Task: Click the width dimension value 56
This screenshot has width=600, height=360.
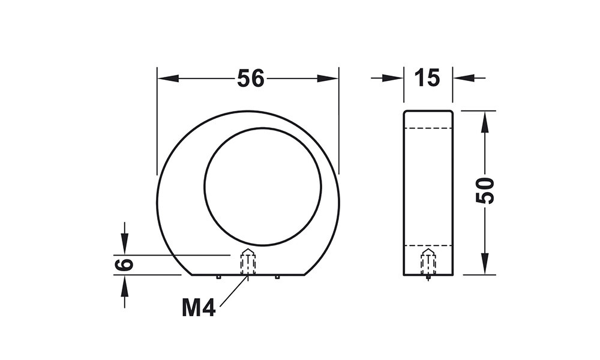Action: coord(251,79)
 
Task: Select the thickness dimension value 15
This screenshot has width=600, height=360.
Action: coord(427,78)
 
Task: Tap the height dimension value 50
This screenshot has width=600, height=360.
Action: coord(485,191)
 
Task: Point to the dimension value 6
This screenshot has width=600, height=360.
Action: coord(123,265)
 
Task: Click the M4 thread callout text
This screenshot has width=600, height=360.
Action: coord(199,308)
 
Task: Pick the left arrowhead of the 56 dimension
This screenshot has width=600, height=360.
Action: coord(169,79)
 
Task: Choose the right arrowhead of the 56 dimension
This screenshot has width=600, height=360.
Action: coord(328,79)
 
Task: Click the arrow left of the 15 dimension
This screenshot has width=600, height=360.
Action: coord(387,78)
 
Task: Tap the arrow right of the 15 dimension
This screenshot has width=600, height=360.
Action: coord(469,78)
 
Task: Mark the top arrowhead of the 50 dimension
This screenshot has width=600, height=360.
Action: coord(485,122)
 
